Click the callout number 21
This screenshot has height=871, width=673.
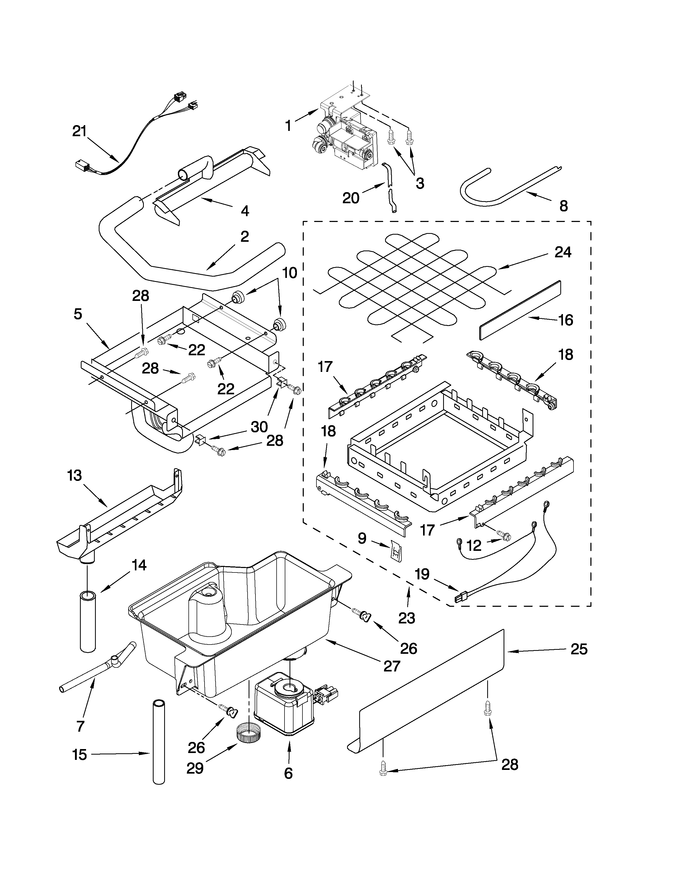pos(79,131)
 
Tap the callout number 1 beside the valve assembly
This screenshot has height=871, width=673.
pos(288,126)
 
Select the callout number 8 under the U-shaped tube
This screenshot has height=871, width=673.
pos(563,206)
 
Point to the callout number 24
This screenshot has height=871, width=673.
pos(563,252)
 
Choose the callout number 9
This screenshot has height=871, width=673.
pos(362,538)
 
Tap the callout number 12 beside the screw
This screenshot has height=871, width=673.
pos(474,546)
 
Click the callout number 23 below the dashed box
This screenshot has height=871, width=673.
pos(407,618)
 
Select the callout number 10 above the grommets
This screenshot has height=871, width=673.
pos(290,273)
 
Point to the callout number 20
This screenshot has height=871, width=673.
pos(351,198)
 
